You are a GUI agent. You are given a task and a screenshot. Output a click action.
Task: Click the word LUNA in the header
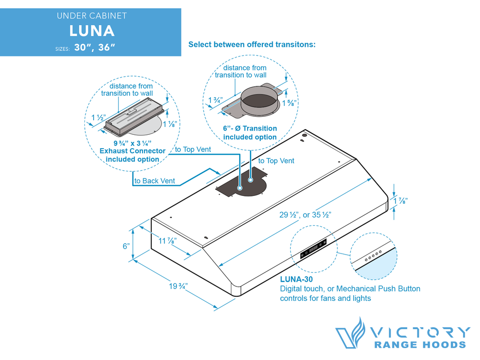[92, 30]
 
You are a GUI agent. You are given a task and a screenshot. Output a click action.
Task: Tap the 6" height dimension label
[126, 246]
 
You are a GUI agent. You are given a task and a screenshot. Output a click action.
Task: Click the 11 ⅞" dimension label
[168, 240]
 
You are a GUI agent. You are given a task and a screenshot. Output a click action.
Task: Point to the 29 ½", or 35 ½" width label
[305, 215]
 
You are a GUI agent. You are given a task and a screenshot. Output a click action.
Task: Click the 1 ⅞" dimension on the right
[403, 201]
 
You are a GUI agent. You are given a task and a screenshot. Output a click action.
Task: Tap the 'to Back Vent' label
[154, 181]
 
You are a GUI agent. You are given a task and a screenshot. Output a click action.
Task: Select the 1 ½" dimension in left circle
[99, 118]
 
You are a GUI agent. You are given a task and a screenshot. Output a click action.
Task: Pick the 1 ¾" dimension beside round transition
[216, 100]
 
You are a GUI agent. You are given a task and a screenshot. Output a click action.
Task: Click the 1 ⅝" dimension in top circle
[289, 102]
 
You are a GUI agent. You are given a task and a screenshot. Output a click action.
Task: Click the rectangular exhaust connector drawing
[135, 114]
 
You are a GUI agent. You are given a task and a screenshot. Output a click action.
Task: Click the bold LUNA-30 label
[296, 279]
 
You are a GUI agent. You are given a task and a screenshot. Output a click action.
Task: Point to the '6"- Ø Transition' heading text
[250, 129]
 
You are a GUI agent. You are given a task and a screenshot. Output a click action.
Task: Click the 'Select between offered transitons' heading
[252, 45]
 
